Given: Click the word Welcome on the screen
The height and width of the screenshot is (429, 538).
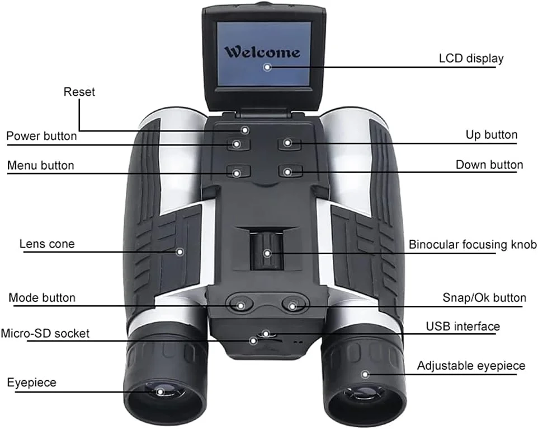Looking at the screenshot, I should pos(262,53).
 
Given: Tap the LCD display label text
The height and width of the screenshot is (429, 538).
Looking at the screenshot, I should pos(471,58).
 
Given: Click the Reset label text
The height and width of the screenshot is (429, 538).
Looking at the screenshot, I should pos(79,91).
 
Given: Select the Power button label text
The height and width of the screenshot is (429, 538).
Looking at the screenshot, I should pos(41,136).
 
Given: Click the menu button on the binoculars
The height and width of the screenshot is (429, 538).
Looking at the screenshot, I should pos(237,172).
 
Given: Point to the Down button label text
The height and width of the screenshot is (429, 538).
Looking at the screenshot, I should pos(489,165).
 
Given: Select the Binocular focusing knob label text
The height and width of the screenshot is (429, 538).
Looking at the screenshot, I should pos(473,245).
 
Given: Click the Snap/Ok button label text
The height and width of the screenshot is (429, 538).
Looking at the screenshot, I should pos(484,297).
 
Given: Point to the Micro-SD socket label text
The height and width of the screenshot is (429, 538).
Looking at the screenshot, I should pos(45,333).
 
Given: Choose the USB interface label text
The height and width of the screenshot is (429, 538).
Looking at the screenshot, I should pos(463,326).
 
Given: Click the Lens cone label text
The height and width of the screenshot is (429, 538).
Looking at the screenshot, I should pos(47,244).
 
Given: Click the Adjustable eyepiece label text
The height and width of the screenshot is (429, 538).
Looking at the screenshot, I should pos(471,366).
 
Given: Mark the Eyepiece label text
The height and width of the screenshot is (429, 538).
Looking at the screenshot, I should pos(32,383).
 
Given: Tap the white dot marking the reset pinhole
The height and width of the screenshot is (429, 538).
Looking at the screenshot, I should pos(244,130).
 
